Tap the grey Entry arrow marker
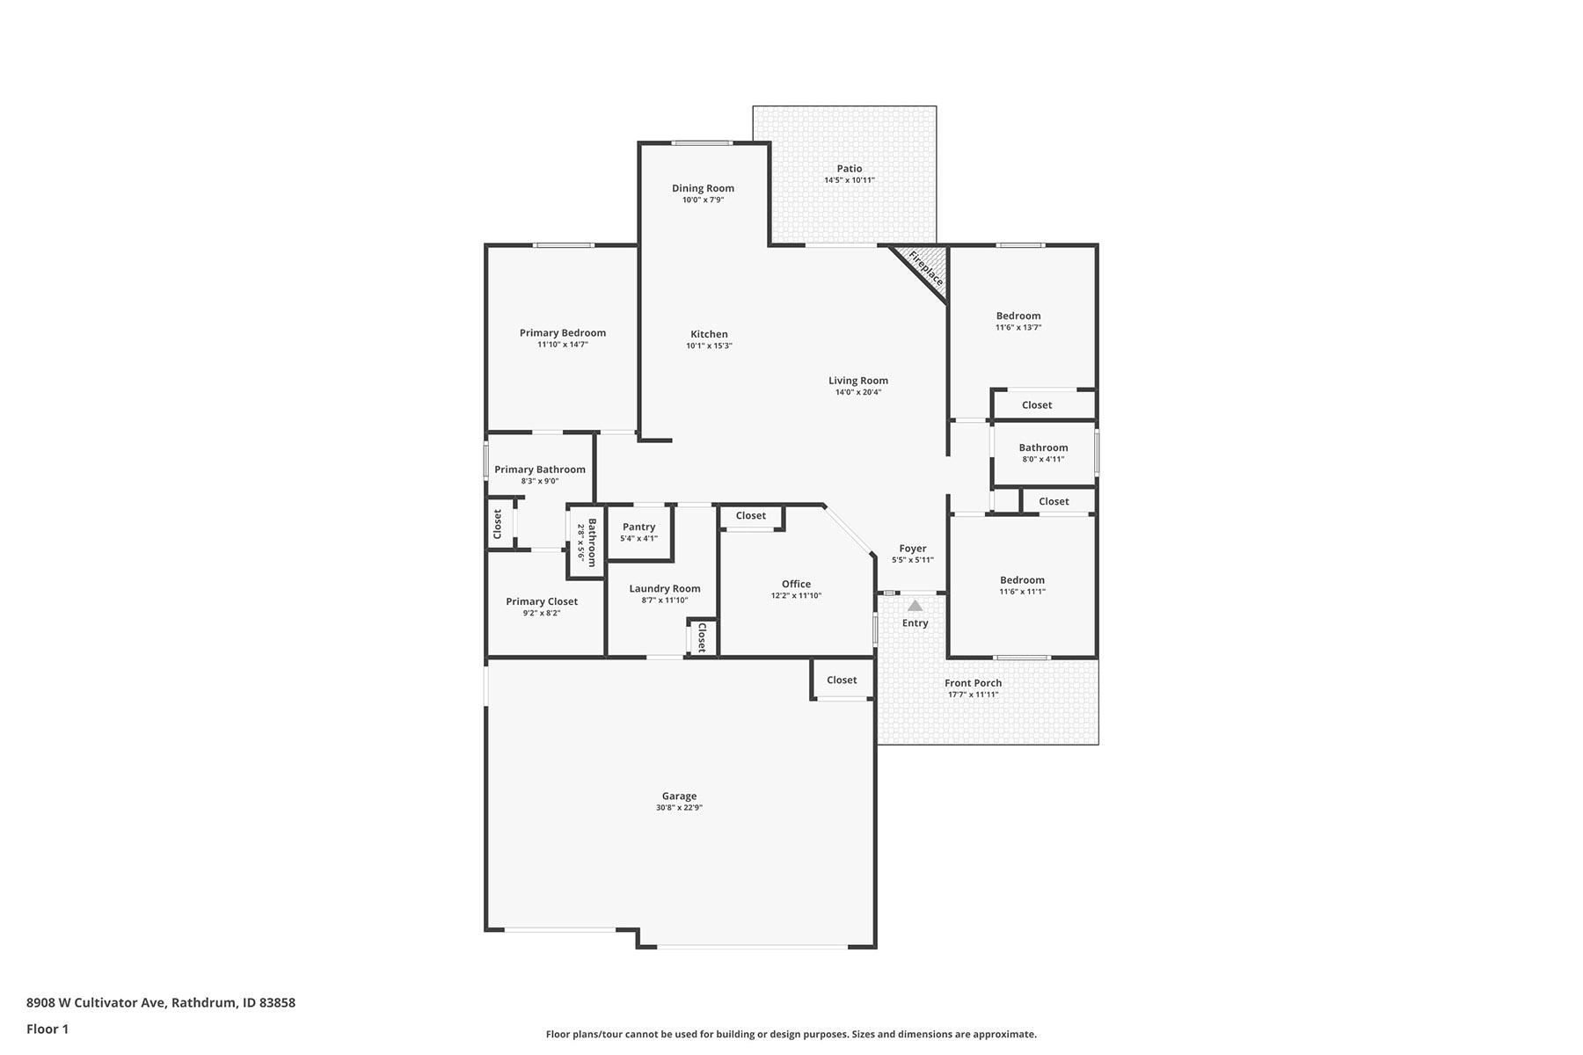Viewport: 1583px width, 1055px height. click(916, 605)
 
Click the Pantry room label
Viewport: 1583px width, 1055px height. click(639, 527)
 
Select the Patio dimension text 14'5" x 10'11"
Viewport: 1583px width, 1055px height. click(850, 180)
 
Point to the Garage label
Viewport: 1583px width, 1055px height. click(680, 797)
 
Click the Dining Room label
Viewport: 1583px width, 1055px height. click(703, 188)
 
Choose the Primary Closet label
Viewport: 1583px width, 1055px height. click(542, 601)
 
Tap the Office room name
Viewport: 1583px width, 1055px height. click(797, 584)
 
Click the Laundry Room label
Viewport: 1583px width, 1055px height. click(665, 589)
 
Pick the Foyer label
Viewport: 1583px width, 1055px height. click(913, 549)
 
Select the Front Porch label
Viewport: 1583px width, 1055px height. click(974, 683)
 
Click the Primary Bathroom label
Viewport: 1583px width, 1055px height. click(540, 469)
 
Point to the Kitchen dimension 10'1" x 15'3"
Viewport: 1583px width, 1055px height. click(710, 346)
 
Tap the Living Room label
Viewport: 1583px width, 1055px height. click(858, 381)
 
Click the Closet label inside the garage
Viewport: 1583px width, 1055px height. click(842, 680)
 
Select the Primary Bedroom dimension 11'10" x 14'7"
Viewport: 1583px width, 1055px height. click(563, 345)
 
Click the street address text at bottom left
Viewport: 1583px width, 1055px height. click(161, 1002)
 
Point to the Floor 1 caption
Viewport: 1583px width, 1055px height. click(47, 1029)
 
